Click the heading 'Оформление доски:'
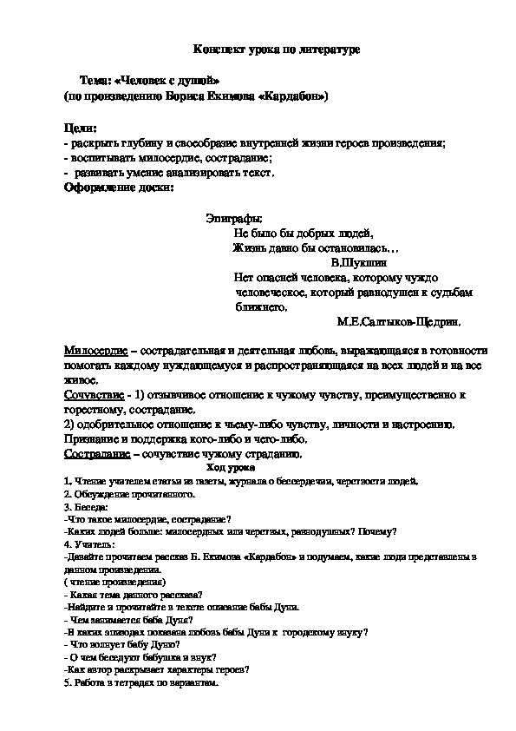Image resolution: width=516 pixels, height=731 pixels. pyautogui.click(x=119, y=186)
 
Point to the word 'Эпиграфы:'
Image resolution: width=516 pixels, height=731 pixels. pyautogui.click(x=233, y=219)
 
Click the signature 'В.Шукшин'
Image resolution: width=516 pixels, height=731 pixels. pyautogui.click(x=359, y=260)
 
